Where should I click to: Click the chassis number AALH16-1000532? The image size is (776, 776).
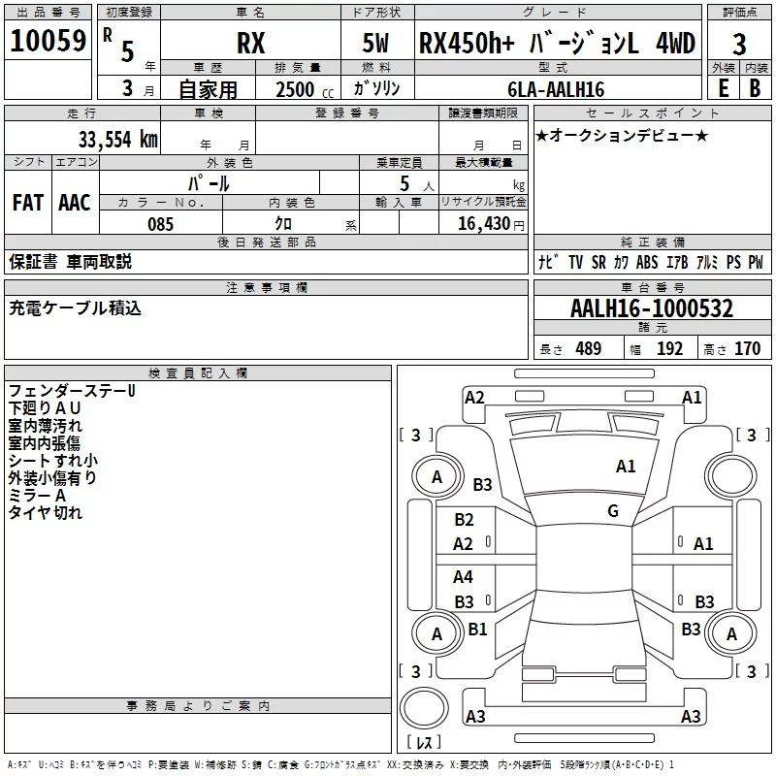pyautogui.click(x=651, y=308)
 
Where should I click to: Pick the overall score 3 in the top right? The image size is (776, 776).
pyautogui.click(x=739, y=45)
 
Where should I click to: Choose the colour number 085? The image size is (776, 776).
pyautogui.click(x=160, y=224)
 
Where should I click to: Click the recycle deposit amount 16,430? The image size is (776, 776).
pyautogui.click(x=488, y=224)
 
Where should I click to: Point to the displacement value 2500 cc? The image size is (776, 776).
pyautogui.click(x=301, y=89)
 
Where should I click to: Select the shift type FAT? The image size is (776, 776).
pyautogui.click(x=27, y=203)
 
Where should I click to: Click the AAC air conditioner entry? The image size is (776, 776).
pyautogui.click(x=74, y=203)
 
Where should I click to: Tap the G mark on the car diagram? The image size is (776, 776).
pyautogui.click(x=613, y=511)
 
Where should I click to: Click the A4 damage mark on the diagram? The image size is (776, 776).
pyautogui.click(x=464, y=577)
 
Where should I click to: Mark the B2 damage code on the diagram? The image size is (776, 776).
pyautogui.click(x=464, y=520)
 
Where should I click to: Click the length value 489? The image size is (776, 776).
pyautogui.click(x=588, y=349)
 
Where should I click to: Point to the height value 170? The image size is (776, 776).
pyautogui.click(x=747, y=349)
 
